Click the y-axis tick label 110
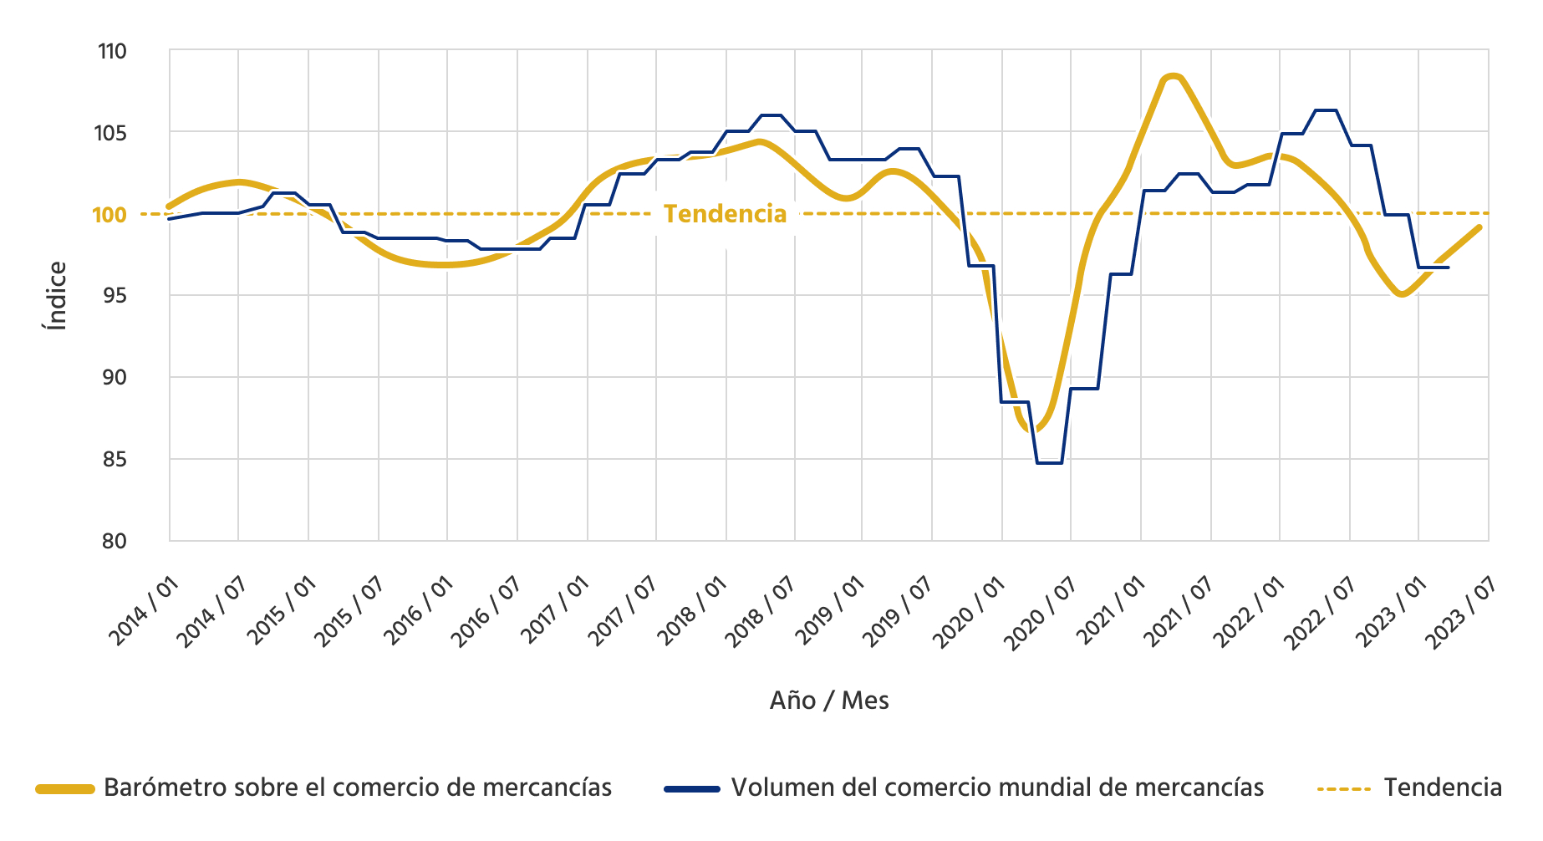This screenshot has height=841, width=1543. coord(112,52)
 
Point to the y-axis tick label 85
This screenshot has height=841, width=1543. coord(114,460)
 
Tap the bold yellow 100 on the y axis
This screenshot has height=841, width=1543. coord(109,215)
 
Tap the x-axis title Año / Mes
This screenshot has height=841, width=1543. coord(828,701)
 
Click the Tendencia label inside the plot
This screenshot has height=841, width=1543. coord(725,215)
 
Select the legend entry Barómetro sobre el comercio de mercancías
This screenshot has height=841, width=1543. coord(358,787)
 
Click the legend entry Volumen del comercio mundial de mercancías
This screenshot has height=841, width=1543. coord(996,787)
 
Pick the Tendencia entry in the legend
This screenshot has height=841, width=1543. coord(1442,787)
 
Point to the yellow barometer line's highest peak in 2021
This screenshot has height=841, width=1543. coord(1173,77)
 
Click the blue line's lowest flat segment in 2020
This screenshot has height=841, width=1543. coord(1049,462)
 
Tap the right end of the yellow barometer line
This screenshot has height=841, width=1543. coord(1479,227)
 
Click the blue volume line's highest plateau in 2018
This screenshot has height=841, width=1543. coord(771,115)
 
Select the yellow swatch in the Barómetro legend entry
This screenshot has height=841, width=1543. coord(65,788)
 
